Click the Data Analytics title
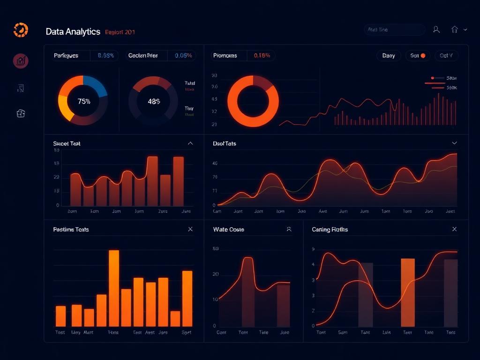coord(73,32)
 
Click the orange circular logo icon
coord(21,30)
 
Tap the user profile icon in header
coord(436,30)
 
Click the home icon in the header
coord(454,30)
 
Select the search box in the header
coord(394,30)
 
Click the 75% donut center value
coord(83,101)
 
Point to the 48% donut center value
coord(154,101)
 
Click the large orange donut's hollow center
coord(253,101)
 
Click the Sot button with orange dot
coord(417,55)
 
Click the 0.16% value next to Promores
coord(262,55)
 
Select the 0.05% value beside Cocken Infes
coord(183,55)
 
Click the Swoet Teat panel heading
coord(67,143)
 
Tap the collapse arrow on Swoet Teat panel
coord(190,143)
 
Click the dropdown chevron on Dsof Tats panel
coord(454,143)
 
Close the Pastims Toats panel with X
coord(190,229)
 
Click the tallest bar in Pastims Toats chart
coord(114,288)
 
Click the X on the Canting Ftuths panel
coord(454,229)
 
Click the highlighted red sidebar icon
coord(21,60)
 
